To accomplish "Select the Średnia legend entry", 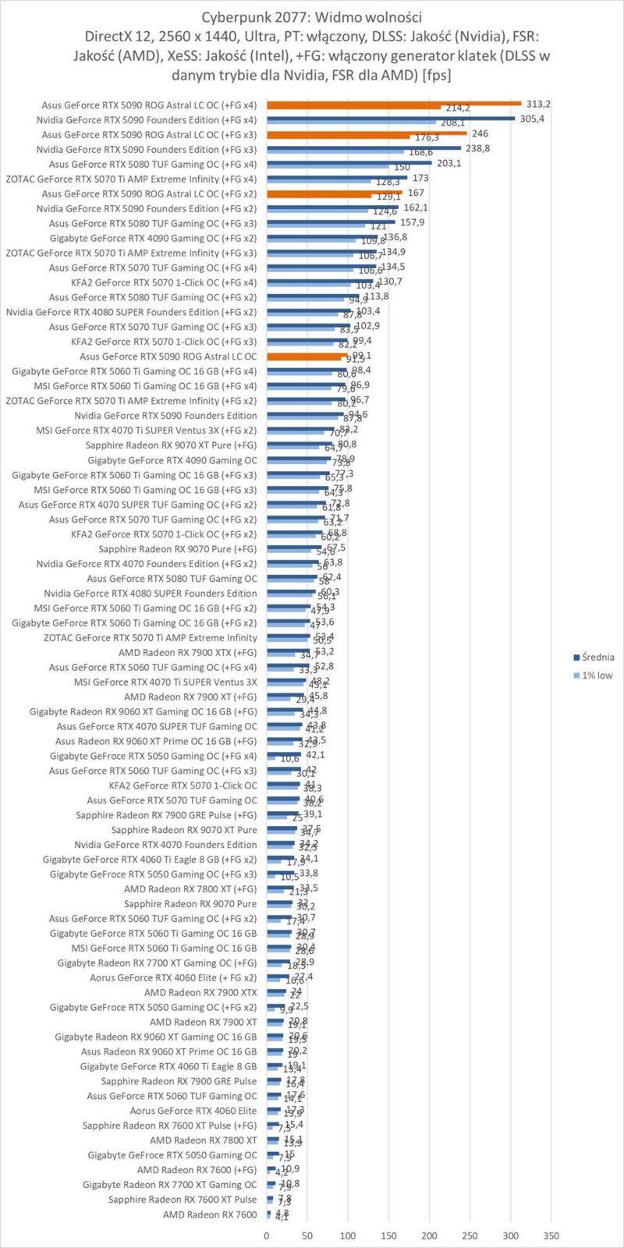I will click(x=597, y=657).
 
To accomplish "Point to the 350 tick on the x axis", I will click(x=551, y=1236).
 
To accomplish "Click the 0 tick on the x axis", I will click(x=267, y=1236).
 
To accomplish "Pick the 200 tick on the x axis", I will click(x=429, y=1236).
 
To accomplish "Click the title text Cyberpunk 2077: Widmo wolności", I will click(x=312, y=17).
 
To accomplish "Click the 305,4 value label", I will click(x=532, y=119).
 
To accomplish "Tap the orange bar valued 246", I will click(x=367, y=133).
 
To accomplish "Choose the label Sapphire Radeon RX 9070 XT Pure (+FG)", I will click(x=171, y=445).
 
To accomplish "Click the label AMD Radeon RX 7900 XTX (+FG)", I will click(x=187, y=652).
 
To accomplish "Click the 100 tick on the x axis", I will click(x=348, y=1236).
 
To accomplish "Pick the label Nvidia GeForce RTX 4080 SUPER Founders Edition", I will click(x=150, y=593).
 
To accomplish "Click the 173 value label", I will click(x=420, y=178).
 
